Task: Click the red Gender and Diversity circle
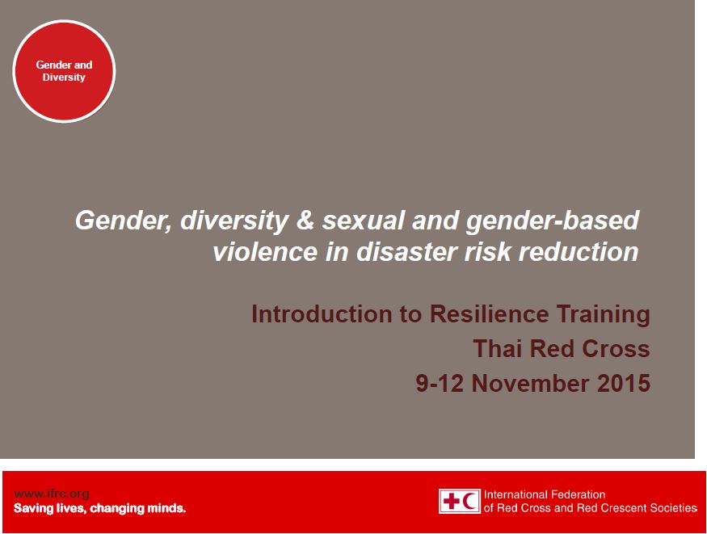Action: click(64, 71)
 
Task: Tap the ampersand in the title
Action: click(292, 221)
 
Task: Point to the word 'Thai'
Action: click(497, 349)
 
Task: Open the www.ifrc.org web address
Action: click(52, 494)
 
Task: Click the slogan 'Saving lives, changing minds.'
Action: click(99, 509)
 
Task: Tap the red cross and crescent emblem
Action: click(460, 501)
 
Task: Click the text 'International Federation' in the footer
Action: click(544, 494)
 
